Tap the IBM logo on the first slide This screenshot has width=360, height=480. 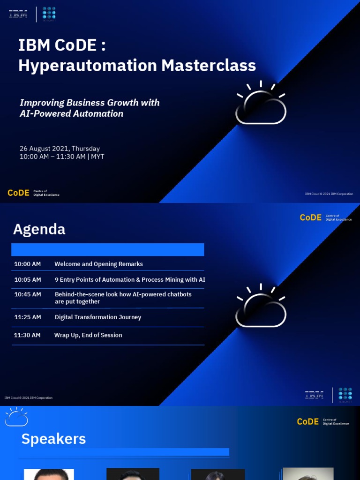[18, 14]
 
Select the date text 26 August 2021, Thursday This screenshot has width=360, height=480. [60, 149]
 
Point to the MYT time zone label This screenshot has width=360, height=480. [97, 157]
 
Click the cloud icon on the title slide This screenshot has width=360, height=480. [261, 105]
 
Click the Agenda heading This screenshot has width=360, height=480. [39, 229]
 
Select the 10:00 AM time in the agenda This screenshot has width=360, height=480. [27, 264]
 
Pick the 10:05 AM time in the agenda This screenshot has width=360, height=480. [27, 279]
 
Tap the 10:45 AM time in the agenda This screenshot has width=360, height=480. [27, 294]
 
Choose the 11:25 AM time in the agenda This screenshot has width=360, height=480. [27, 317]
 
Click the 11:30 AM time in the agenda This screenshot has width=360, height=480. [27, 335]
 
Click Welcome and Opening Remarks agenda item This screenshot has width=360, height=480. [98, 264]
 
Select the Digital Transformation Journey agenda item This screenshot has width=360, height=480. [97, 317]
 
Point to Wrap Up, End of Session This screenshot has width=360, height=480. [88, 335]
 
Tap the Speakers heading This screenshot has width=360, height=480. [53, 439]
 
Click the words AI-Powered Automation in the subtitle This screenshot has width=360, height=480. [71, 113]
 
